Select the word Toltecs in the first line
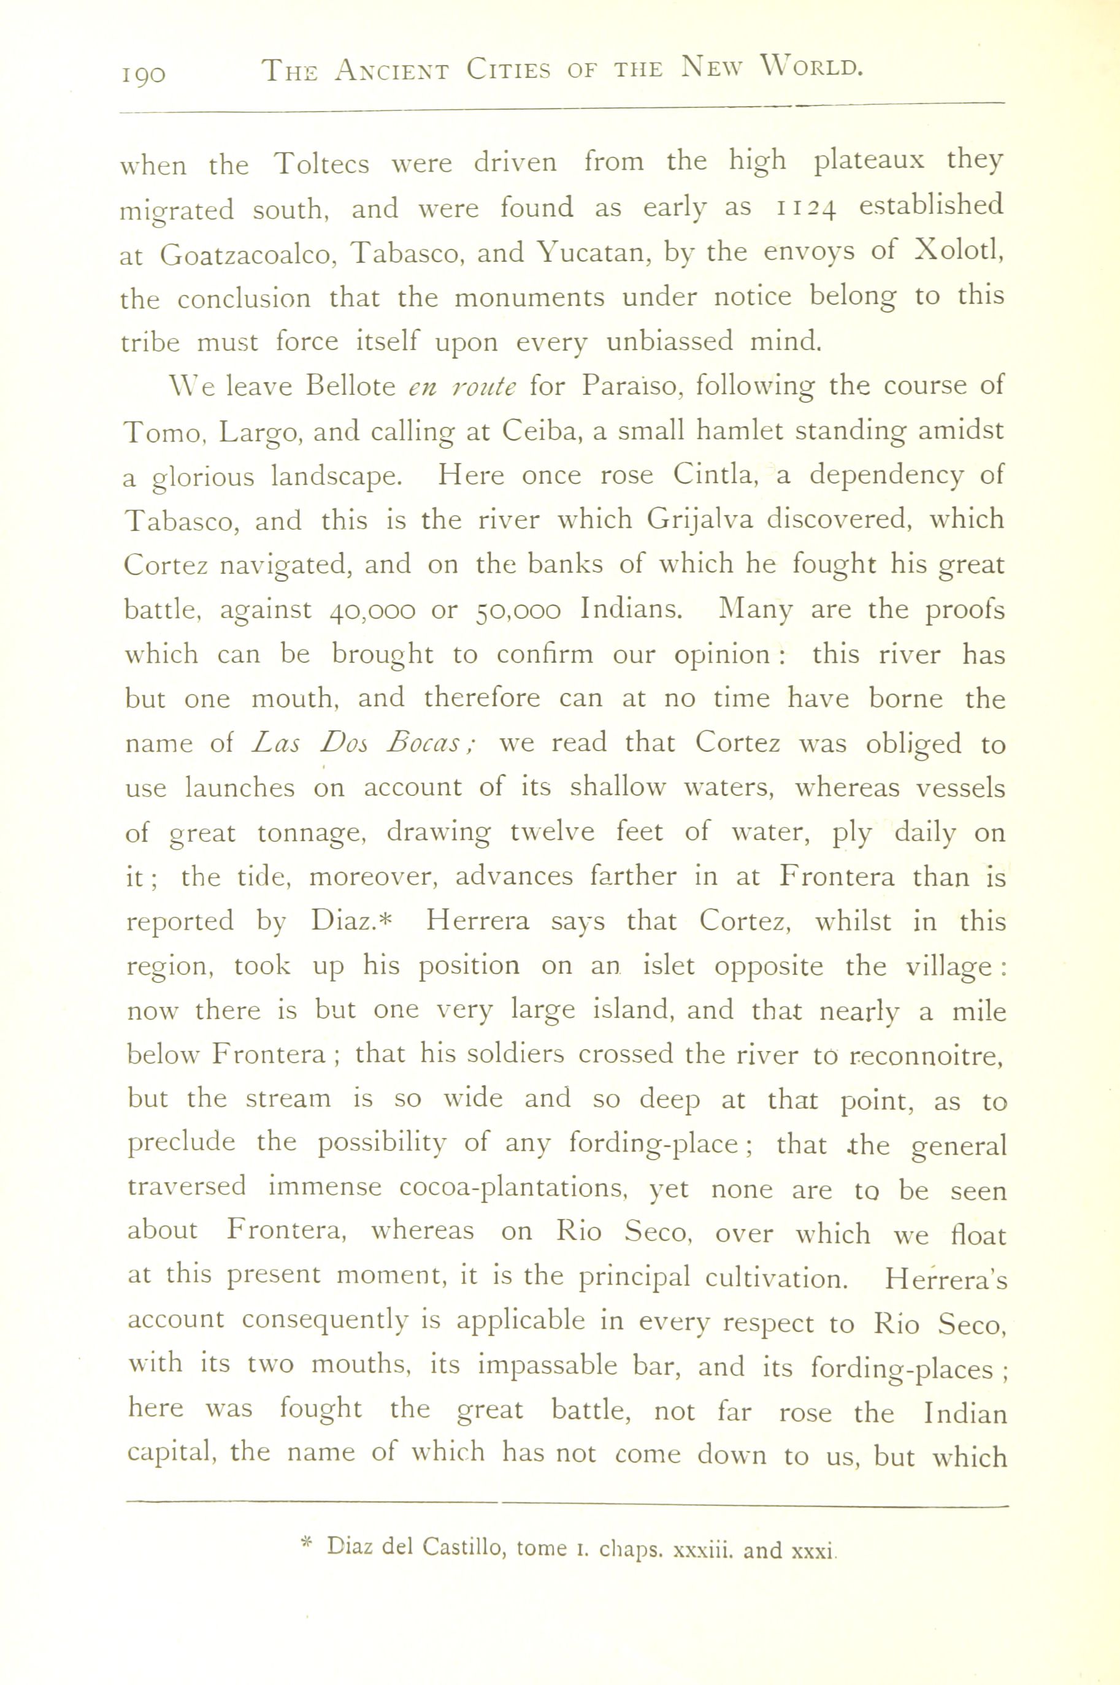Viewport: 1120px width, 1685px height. [x=322, y=164]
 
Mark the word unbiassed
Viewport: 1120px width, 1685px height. [x=669, y=342]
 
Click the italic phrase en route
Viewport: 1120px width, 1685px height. [x=461, y=386]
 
